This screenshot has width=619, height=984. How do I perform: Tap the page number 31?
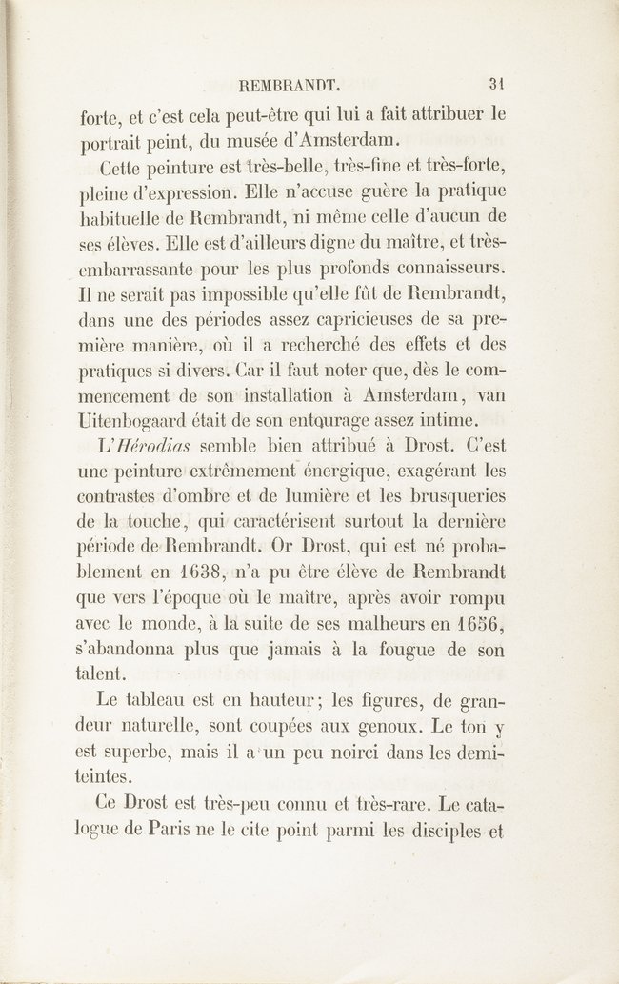click(x=495, y=84)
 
